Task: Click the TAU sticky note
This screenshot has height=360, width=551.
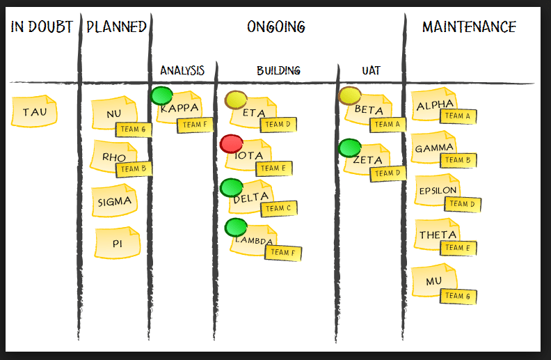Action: [33, 112]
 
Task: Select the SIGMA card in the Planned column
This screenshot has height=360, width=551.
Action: [114, 202]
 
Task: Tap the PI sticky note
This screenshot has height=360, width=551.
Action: [118, 243]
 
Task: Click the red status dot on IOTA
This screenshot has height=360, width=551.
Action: [231, 144]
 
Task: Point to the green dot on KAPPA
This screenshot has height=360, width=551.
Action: [162, 95]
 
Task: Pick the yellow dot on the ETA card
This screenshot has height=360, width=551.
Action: [237, 100]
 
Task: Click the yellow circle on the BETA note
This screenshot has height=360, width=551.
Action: [350, 96]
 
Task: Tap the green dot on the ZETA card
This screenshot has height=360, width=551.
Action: [350, 148]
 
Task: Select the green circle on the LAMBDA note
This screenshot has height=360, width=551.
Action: [237, 227]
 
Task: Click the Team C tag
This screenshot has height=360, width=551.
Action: [278, 208]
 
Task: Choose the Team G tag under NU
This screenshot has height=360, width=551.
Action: [133, 130]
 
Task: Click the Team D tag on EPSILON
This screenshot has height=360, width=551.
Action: [462, 204]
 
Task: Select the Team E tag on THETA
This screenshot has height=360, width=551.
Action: [458, 247]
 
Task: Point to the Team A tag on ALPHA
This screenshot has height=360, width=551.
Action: [458, 116]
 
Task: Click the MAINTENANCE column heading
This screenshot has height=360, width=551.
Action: [469, 27]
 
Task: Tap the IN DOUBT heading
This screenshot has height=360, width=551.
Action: [42, 27]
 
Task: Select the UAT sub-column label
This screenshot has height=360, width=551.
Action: [371, 70]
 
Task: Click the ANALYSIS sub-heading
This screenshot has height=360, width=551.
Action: [182, 70]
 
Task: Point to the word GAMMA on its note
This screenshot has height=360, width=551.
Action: [434, 148]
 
